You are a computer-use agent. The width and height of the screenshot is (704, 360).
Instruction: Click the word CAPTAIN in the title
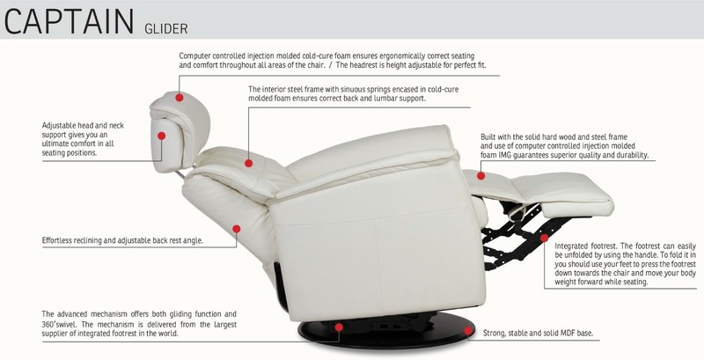[x=69, y=21]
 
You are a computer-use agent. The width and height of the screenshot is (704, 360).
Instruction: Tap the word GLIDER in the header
[x=165, y=29]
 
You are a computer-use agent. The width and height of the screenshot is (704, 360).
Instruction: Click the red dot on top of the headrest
[x=180, y=98]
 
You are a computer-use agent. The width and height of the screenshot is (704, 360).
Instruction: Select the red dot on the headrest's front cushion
[x=162, y=136]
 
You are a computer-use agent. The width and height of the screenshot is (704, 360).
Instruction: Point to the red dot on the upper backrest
[x=249, y=164]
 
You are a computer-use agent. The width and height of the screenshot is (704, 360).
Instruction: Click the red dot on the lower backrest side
[x=237, y=229]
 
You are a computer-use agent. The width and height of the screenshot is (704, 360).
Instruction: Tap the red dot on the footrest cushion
[x=480, y=176]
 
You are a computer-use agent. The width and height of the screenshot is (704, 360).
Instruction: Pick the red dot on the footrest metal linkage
[x=544, y=238]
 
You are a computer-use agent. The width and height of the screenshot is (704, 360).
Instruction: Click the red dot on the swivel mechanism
[x=339, y=327]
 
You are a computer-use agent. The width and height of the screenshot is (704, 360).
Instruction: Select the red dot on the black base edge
[x=468, y=331]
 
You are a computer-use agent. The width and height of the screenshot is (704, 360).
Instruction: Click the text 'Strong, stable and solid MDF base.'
[x=538, y=333]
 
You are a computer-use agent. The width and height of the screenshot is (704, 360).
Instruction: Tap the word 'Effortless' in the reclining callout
[x=56, y=240]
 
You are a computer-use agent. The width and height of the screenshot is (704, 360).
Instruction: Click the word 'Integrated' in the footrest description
[x=571, y=246]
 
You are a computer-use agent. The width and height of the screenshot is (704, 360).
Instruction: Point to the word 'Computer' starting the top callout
[x=194, y=56]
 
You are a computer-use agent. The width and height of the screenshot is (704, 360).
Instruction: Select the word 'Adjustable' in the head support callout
[x=59, y=126]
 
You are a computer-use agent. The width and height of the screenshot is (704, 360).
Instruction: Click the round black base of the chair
[x=386, y=331]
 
